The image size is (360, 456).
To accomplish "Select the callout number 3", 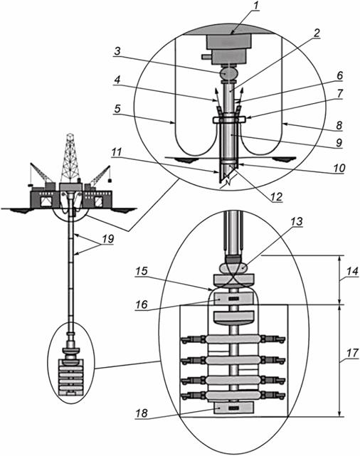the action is tap(117, 51).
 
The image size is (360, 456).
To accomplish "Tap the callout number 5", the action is tap(117, 109).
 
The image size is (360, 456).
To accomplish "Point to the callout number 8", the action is tap(339, 126).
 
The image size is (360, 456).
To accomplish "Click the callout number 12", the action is tap(275, 197).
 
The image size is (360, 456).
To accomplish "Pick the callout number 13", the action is tap(297, 222).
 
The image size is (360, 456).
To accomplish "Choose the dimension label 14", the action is tap(352, 272).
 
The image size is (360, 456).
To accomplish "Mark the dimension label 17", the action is tap(352, 353).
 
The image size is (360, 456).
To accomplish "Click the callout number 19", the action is tap(108, 239).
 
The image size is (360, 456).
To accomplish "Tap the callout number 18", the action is tap(142, 413).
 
